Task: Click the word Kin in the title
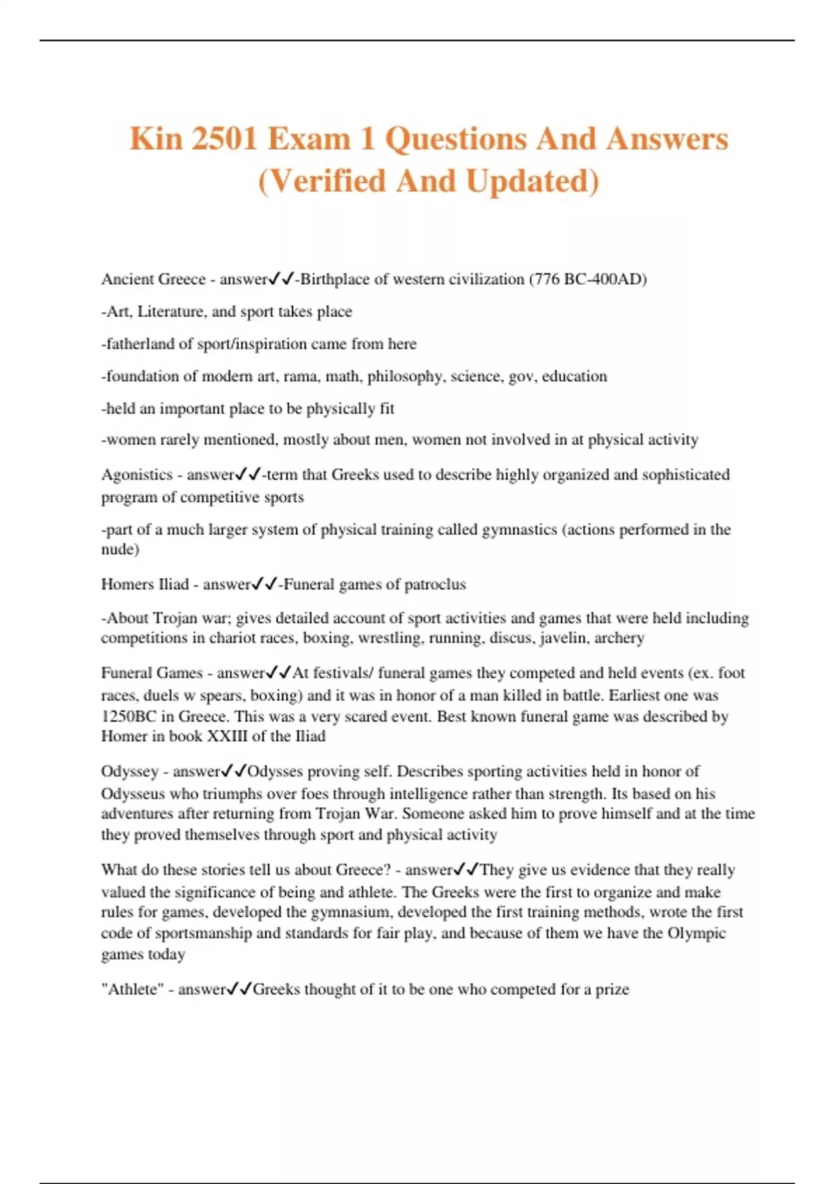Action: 155,139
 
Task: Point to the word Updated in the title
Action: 532,181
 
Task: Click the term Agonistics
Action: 136,475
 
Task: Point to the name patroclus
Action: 433,584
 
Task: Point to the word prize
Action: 612,990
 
